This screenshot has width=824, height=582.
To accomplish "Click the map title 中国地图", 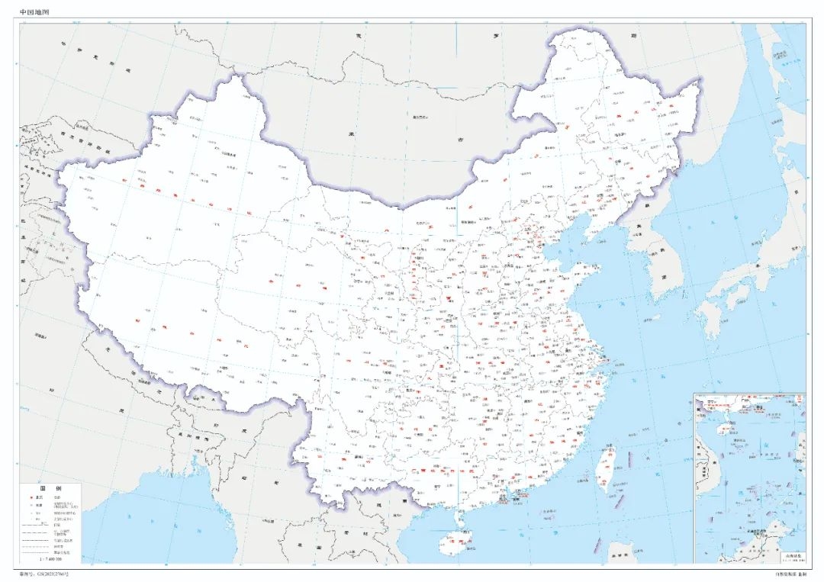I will (x=34, y=12).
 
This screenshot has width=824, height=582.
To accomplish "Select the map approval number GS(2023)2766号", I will (x=58, y=573).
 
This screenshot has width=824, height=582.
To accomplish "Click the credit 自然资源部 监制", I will (x=789, y=573).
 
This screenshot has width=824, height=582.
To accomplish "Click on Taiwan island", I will (x=607, y=467).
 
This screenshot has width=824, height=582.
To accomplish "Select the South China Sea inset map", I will (x=749, y=477).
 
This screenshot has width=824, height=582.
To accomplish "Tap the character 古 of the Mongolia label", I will (x=460, y=140).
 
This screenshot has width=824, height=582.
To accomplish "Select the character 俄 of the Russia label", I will (x=356, y=36).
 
